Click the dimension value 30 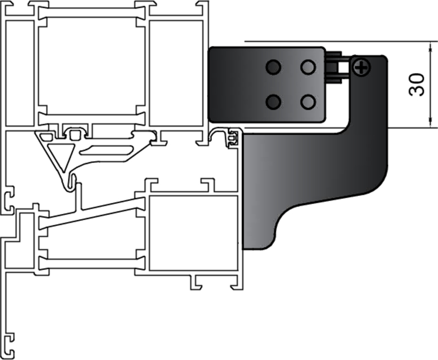click(x=418, y=84)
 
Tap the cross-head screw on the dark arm click(x=361, y=68)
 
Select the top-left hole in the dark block click(x=273, y=67)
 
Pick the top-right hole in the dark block click(x=308, y=67)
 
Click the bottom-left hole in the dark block click(x=273, y=101)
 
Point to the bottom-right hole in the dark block click(x=308, y=101)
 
